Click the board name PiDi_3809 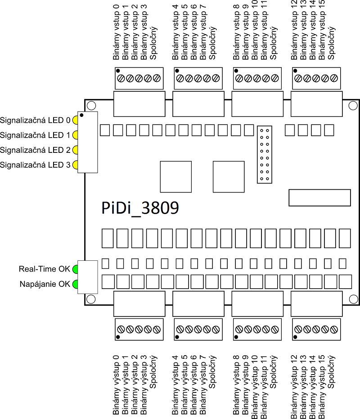pyautogui.click(x=139, y=208)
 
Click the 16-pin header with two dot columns pyautogui.click(x=265, y=154)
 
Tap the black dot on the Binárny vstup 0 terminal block pyautogui.click(x=118, y=71)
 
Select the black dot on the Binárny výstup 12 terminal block pyautogui.click(x=295, y=337)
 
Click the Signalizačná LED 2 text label pyautogui.click(x=35, y=150)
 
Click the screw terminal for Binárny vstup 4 pyautogui.click(x=180, y=78)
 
